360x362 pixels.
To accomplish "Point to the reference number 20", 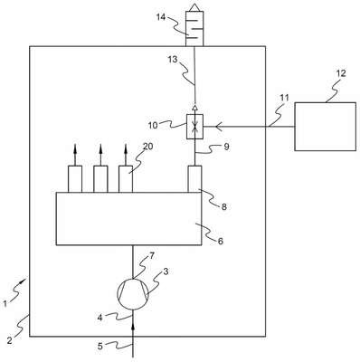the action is (x=147, y=147).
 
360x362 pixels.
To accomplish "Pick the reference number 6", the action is (x=221, y=242).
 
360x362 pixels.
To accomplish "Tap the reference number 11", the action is (x=284, y=98).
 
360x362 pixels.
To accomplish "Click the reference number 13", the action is (x=173, y=60).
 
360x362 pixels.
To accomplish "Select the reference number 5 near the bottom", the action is (x=100, y=346).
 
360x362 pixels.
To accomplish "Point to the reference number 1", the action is (x=5, y=304).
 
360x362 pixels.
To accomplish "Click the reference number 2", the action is (x=9, y=341).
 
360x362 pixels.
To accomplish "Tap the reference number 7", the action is (x=151, y=256).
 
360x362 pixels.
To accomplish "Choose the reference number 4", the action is (x=100, y=318).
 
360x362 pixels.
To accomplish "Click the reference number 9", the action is (x=226, y=147).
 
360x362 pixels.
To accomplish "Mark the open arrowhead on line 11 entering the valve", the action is (x=217, y=127).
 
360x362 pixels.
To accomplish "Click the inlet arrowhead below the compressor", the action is (x=133, y=327).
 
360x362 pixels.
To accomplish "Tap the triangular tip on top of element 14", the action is (x=194, y=7).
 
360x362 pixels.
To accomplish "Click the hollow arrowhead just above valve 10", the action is (x=194, y=108).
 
